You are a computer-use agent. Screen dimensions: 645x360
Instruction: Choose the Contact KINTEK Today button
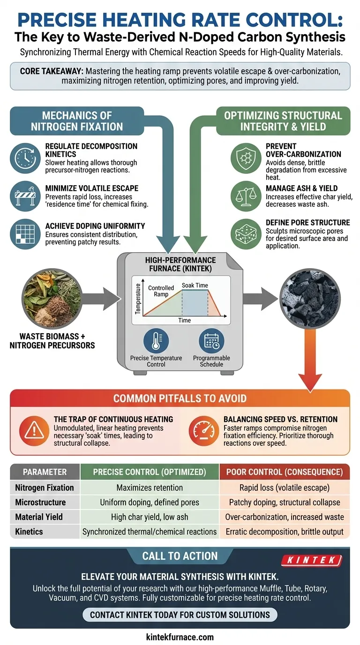coord(180,615)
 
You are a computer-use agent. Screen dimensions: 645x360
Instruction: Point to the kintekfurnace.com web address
coord(180,637)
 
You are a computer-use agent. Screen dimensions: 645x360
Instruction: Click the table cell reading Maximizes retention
coord(150,487)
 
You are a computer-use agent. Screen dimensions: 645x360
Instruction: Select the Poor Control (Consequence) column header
coord(285,472)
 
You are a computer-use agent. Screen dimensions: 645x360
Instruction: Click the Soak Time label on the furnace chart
coord(195,285)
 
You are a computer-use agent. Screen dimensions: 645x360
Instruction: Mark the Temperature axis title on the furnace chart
coord(138,298)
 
